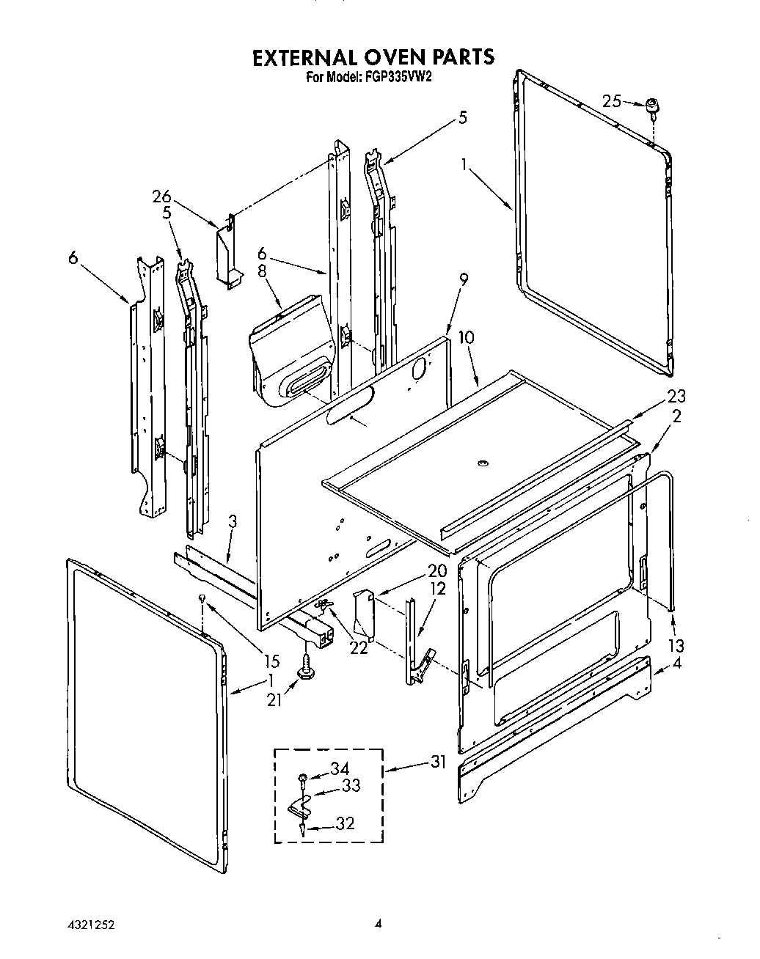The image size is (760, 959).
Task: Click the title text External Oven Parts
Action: (x=373, y=57)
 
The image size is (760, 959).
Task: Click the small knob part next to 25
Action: (x=651, y=106)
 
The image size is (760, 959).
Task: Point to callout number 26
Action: (x=161, y=196)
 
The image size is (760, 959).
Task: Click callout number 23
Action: (x=676, y=396)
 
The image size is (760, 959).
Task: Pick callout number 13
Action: (x=676, y=645)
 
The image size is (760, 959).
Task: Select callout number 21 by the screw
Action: (x=274, y=700)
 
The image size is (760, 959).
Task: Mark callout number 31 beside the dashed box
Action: (x=439, y=762)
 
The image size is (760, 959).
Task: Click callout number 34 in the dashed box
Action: (x=338, y=769)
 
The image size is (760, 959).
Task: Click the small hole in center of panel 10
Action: (x=482, y=463)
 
